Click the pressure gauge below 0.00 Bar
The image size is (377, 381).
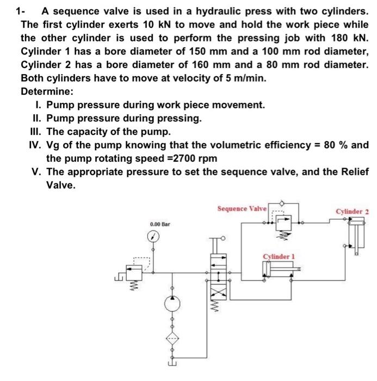tap(153, 237)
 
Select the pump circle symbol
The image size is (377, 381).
tap(172, 302)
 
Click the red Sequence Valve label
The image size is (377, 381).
tap(242, 208)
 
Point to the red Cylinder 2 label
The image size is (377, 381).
tap(352, 211)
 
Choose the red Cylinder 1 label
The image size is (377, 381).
tap(279, 256)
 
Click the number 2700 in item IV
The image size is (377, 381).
tap(187, 159)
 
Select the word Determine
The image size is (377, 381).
tap(46, 91)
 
